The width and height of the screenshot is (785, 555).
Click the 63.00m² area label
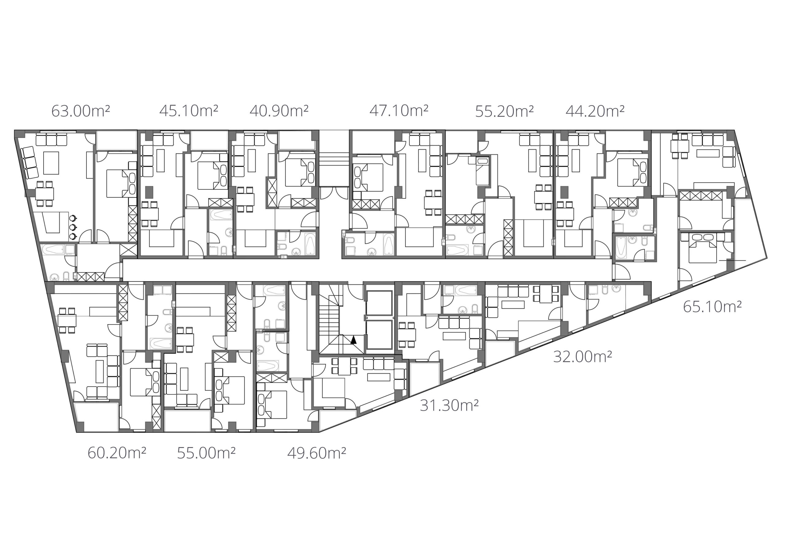pos(81,111)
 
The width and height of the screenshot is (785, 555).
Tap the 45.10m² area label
pos(189,111)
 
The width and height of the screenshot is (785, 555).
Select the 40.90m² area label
pos(279,111)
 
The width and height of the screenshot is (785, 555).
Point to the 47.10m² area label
pos(399,111)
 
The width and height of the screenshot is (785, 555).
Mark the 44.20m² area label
pos(595,111)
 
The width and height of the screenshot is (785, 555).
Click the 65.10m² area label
pos(713,307)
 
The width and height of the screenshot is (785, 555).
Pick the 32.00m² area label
pos(583,357)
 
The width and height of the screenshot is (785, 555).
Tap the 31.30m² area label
pos(449,406)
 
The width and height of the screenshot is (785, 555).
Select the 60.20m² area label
pos(117,453)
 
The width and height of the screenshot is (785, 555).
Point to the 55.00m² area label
pos(206,453)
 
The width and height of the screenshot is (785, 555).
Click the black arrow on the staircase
pos(354,340)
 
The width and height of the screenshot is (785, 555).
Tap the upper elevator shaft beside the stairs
pos(379,303)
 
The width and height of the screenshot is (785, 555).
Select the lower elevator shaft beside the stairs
pos(379,335)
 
